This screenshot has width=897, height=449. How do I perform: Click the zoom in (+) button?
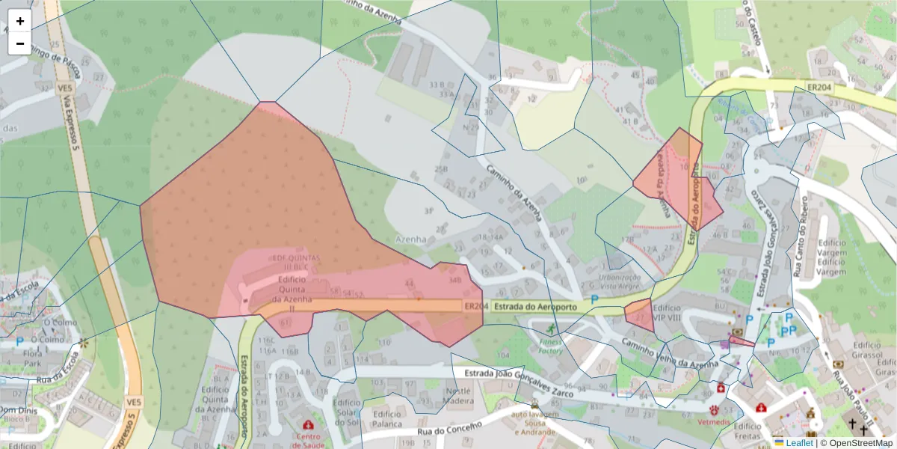pyautogui.click(x=19, y=21)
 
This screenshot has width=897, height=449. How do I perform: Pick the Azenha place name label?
pyautogui.click(x=410, y=239)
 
